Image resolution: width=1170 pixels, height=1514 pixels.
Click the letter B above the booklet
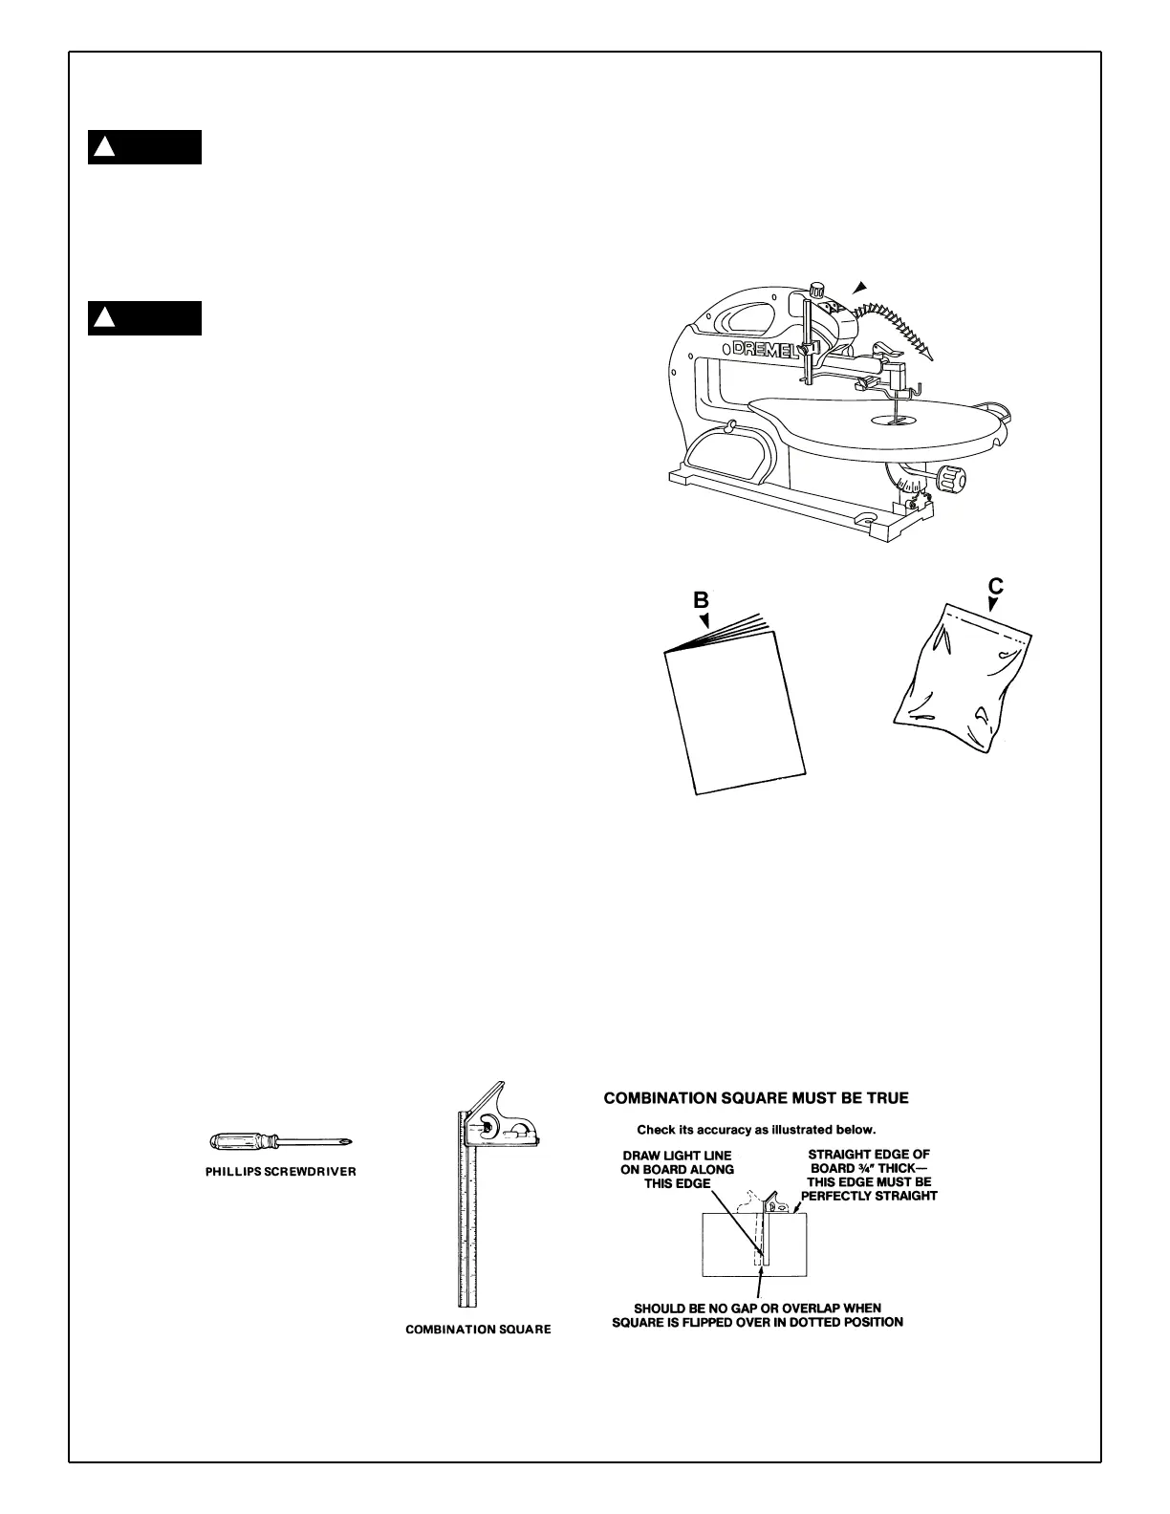(701, 600)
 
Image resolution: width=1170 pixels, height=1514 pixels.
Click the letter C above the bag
(995, 585)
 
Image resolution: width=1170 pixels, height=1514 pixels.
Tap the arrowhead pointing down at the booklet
(704, 620)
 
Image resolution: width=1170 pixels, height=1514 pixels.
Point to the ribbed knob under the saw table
(951, 476)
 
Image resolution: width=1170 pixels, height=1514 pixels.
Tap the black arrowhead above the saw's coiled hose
(860, 286)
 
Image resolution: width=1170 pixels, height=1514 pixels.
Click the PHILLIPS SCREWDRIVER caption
(281, 1172)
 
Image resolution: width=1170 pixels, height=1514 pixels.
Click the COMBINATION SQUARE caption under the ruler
(478, 1330)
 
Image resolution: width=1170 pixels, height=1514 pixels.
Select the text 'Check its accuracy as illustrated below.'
(756, 1129)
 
